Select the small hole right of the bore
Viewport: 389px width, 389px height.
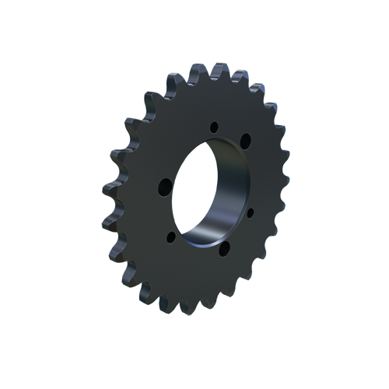point(251,211)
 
